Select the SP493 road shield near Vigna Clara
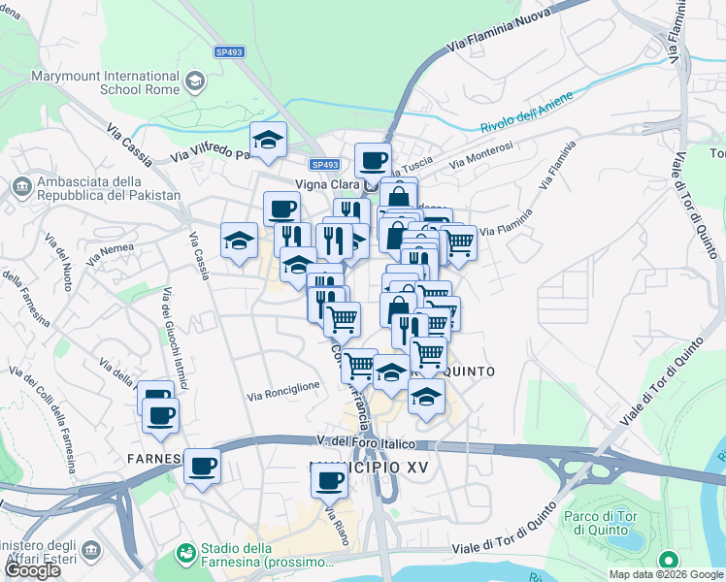(325, 165)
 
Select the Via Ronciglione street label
(283, 391)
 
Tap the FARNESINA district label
(155, 457)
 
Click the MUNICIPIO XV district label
(369, 468)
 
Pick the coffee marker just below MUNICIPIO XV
(329, 479)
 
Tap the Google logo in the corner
(32, 570)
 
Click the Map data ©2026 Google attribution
(665, 574)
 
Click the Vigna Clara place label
(328, 183)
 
